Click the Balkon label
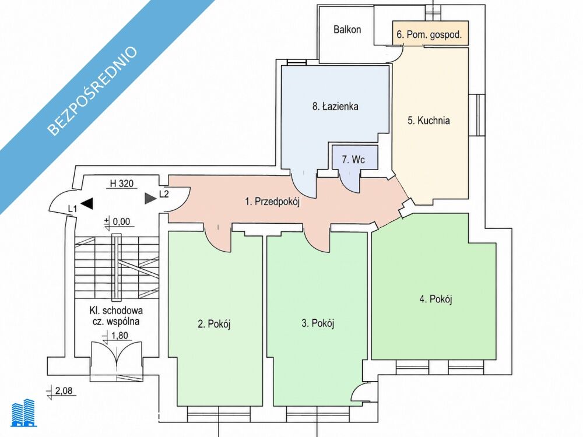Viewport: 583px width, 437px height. [347, 29]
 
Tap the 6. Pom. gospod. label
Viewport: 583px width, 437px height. [429, 34]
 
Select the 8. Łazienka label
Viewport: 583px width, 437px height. [335, 107]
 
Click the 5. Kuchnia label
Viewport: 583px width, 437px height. [429, 121]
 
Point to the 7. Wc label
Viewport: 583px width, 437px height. [353, 160]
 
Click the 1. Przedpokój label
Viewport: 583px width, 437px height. [272, 202]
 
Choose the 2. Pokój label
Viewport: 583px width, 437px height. [214, 324]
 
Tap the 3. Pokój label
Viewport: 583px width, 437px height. [318, 323]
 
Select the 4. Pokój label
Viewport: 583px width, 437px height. [436, 299]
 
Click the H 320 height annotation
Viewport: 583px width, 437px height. [122, 184]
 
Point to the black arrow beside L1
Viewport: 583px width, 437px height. [87, 203]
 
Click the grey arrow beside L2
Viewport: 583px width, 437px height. [150, 199]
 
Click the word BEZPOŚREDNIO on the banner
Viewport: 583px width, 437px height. [92, 91]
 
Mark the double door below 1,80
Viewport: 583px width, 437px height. [117, 362]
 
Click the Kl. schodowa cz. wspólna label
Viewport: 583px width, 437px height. [116, 316]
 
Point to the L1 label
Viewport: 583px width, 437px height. [72, 209]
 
